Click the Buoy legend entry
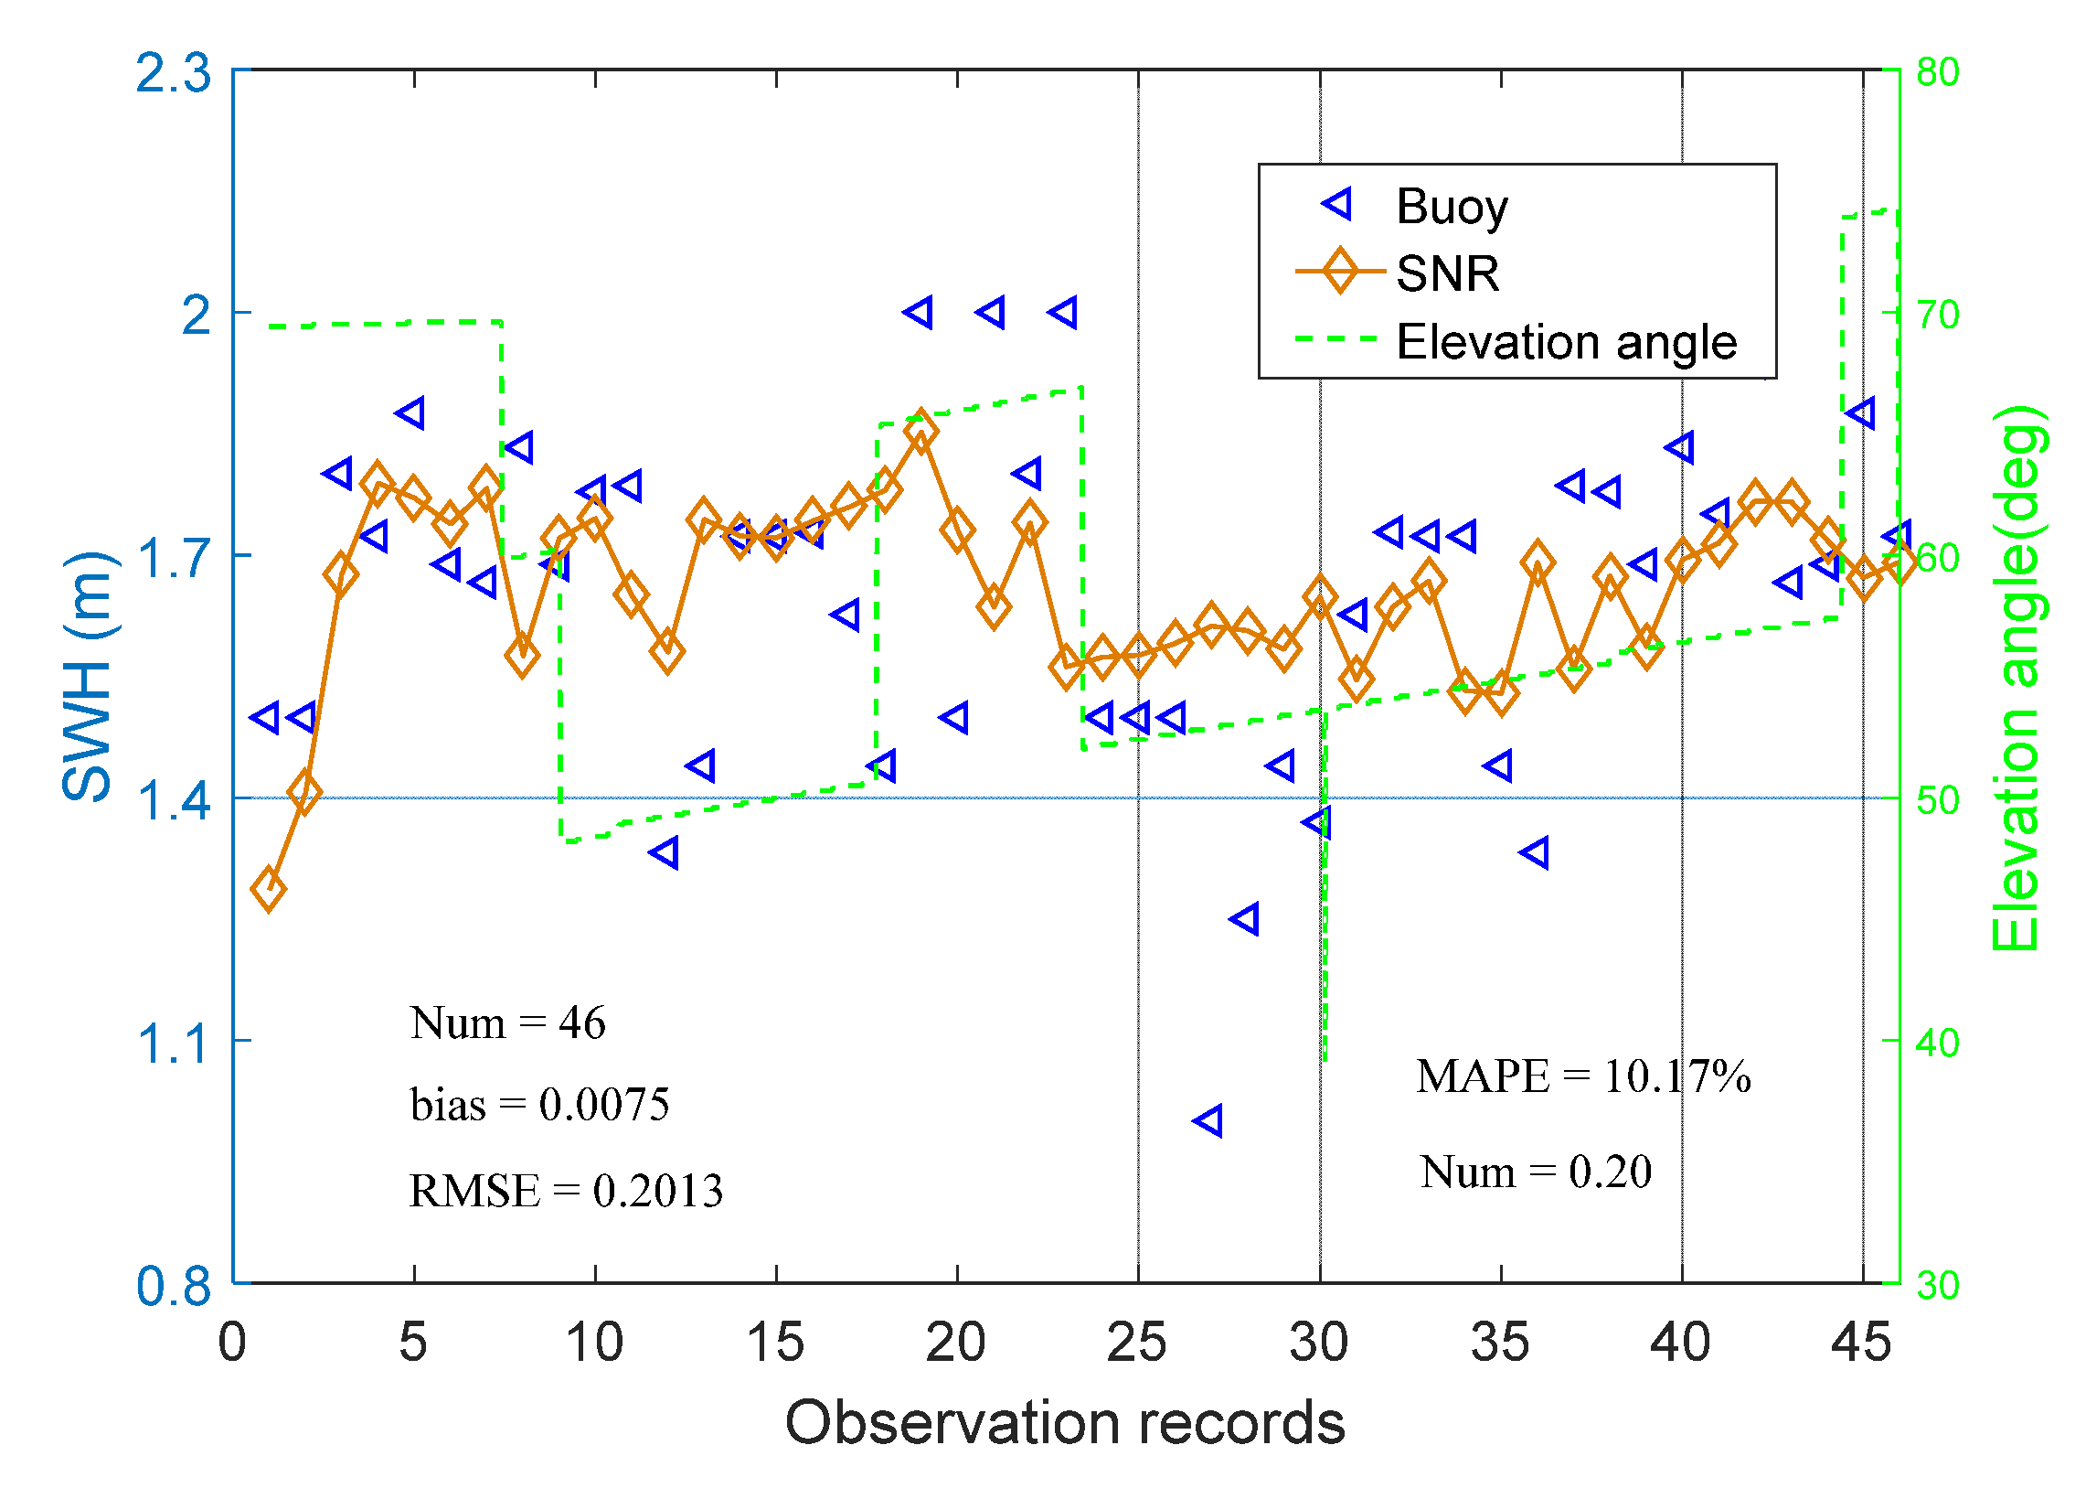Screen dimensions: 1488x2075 1449,207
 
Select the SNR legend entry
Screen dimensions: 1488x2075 1445,273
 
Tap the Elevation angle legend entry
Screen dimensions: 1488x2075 1565,342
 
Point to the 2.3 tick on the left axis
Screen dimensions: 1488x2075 173,73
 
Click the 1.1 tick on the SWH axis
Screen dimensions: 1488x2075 173,1044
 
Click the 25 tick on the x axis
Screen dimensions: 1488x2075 1136,1343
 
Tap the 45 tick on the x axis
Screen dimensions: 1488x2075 1861,1343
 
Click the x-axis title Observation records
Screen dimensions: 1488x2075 1065,1423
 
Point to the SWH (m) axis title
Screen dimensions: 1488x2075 88,677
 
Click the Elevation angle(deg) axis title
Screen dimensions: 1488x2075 2016,677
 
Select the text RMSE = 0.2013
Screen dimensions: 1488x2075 566,1191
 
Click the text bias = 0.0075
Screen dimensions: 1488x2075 540,1105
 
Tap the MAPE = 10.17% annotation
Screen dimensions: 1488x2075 1583,1076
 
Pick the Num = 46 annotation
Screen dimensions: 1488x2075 507,1022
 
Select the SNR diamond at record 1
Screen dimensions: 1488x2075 268,889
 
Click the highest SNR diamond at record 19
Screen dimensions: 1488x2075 920,431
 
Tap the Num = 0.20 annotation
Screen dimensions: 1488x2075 1535,1172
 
